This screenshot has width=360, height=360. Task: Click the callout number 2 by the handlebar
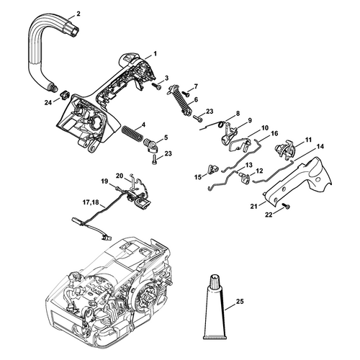(x=78, y=14)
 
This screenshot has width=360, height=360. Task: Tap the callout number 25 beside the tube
(x=239, y=301)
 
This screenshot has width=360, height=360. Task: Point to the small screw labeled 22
(x=287, y=206)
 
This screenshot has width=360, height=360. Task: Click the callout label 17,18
(x=91, y=202)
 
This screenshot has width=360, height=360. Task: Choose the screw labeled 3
(x=156, y=86)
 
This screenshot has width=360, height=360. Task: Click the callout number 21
(x=253, y=206)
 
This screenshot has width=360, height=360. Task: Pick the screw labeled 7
(x=186, y=94)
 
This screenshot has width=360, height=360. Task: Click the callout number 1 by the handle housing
(x=155, y=54)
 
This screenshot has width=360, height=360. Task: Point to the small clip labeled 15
(x=212, y=169)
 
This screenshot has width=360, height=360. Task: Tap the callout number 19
(x=104, y=181)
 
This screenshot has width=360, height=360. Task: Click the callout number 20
(x=120, y=176)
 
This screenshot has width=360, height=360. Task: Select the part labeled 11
(x=285, y=149)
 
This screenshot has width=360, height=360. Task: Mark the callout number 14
(x=320, y=146)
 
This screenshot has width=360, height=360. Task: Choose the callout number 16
(x=274, y=133)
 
